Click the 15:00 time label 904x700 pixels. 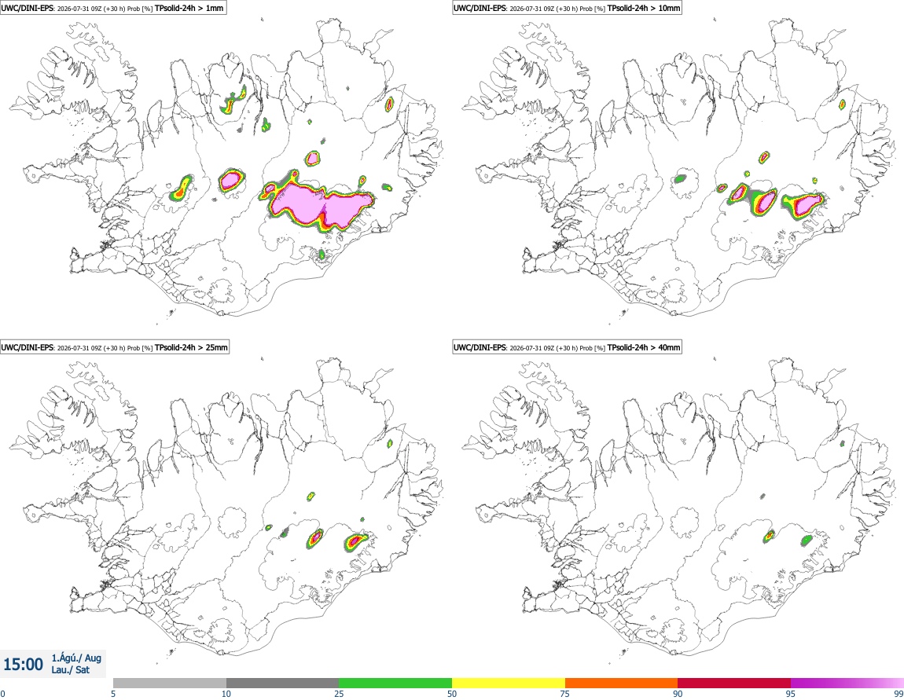[23, 665]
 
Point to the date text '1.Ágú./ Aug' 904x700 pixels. [76, 658]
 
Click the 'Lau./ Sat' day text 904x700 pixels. [70, 670]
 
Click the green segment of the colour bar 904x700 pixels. [395, 683]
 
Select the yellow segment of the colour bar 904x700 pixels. [509, 683]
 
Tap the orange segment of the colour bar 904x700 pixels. [622, 683]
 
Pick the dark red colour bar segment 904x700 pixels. [734, 683]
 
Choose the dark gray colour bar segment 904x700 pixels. [282, 683]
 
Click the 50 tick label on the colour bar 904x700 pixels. [452, 694]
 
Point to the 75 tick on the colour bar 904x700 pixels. [565, 694]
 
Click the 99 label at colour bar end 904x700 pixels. [898, 694]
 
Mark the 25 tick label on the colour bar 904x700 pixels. [339, 694]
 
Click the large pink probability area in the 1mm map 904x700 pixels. [317, 204]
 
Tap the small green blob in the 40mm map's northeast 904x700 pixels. [843, 444]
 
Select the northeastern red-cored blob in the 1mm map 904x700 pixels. [390, 104]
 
